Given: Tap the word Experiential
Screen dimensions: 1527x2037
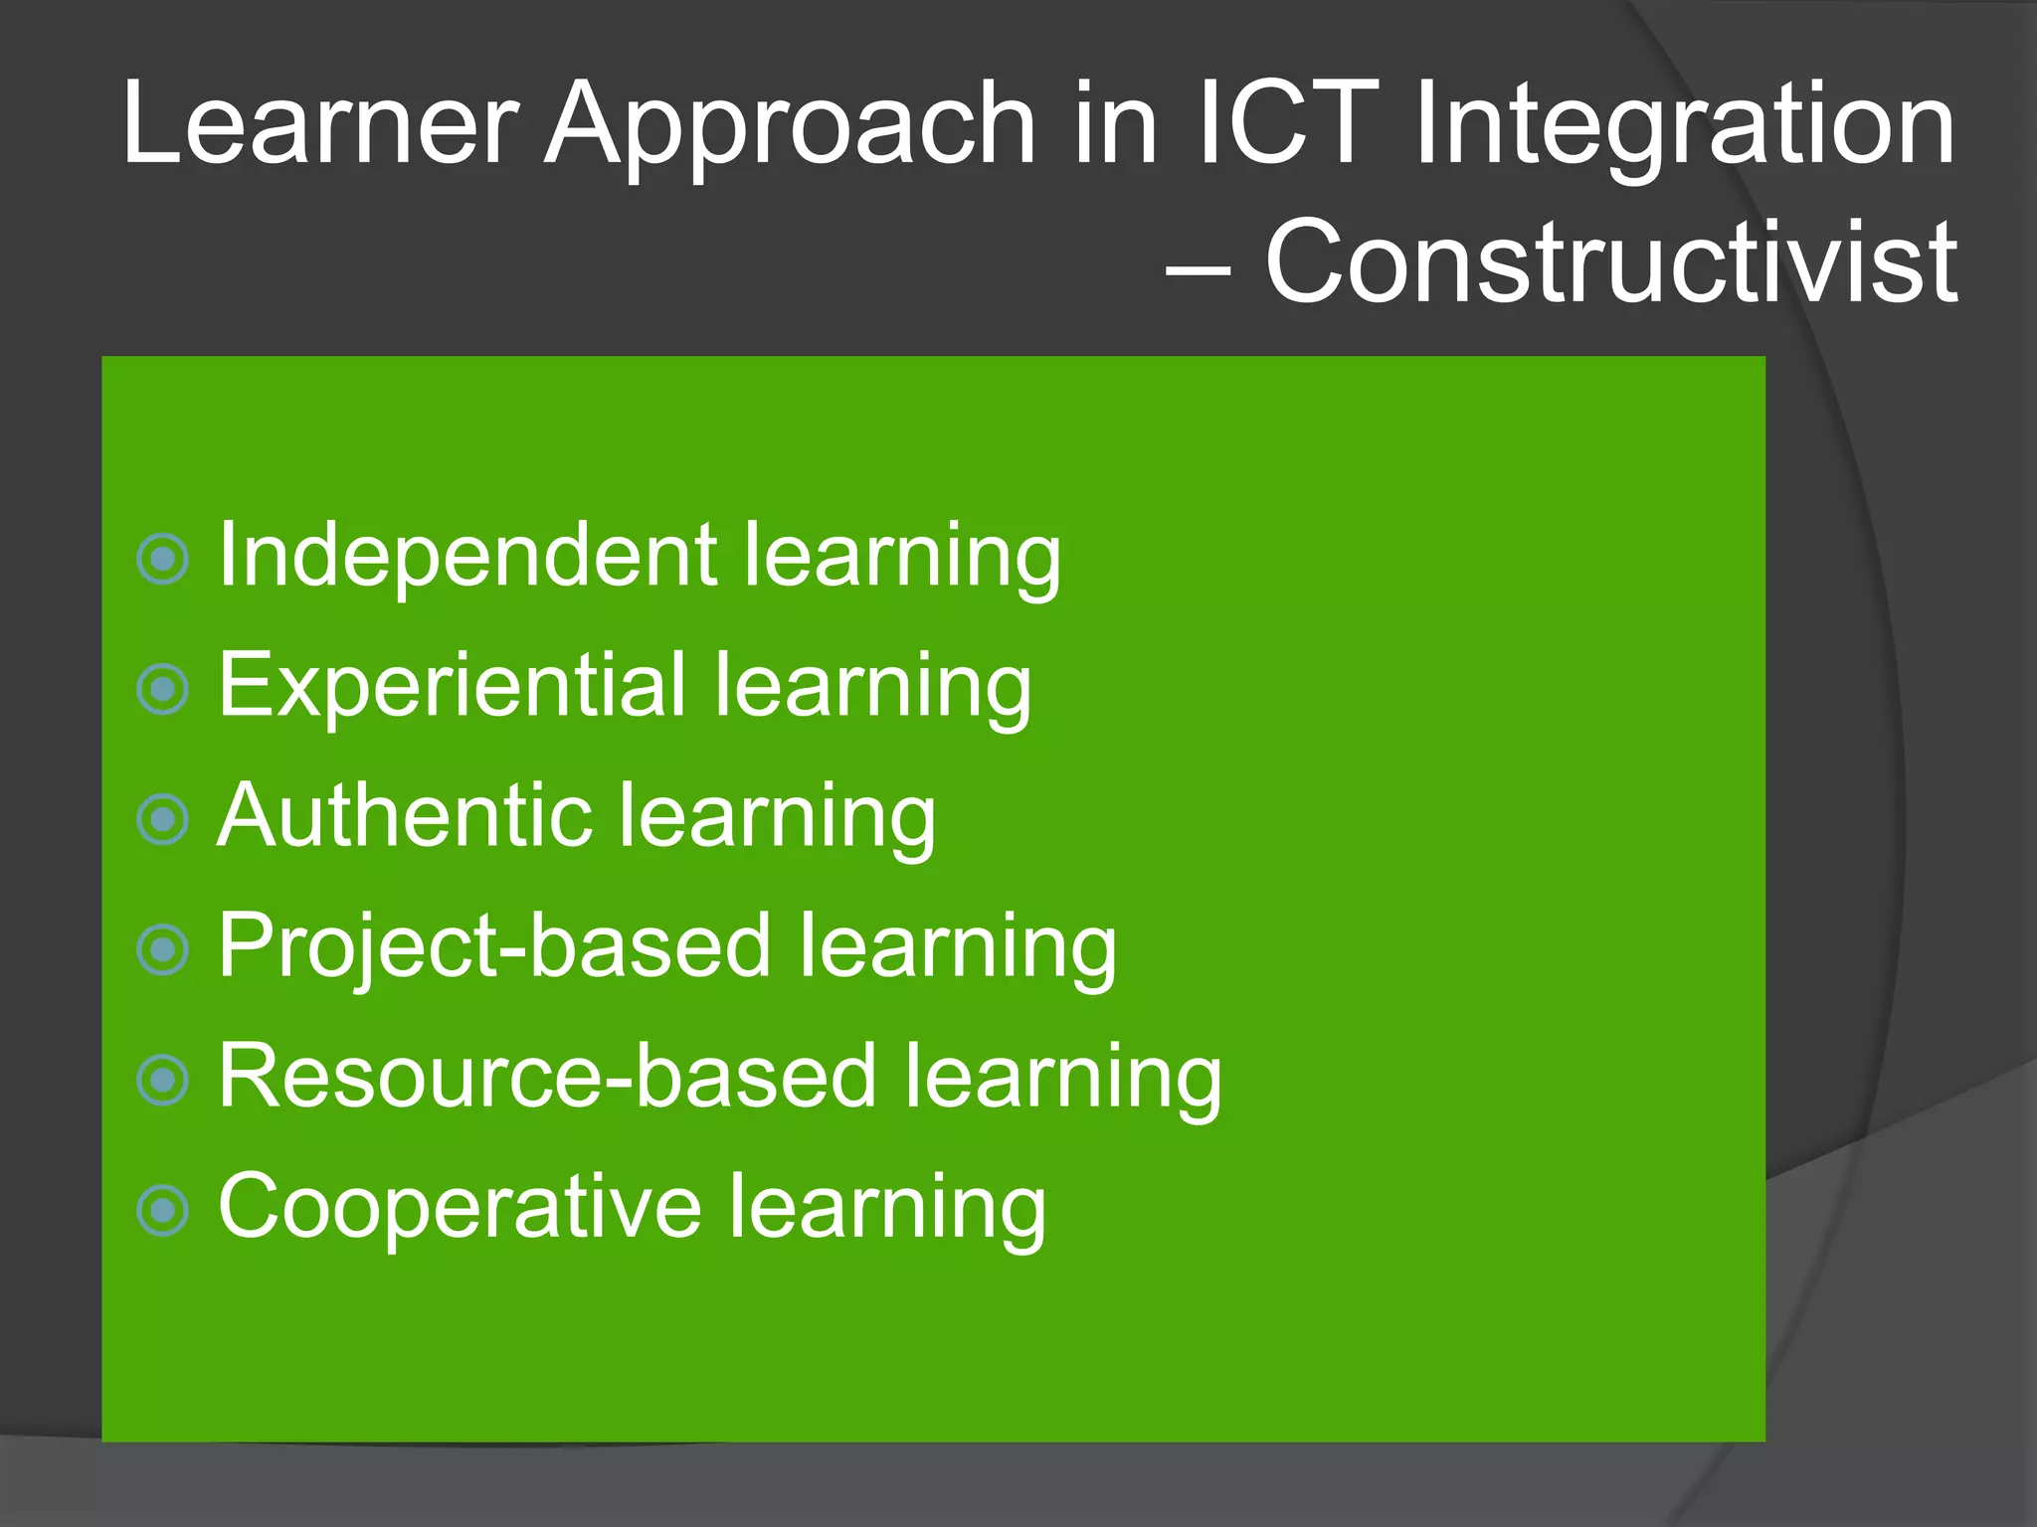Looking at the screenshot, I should pos(453,686).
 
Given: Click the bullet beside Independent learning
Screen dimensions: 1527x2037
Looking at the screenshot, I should pos(162,560).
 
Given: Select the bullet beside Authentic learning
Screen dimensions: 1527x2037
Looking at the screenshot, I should pos(162,820).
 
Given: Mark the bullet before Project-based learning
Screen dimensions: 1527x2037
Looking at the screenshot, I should pos(162,950).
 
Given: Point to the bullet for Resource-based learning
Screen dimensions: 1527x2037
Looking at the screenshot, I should pos(162,1081).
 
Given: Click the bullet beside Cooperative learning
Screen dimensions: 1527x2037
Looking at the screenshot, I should pos(162,1211).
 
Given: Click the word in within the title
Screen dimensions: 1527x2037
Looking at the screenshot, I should pos(1115,123).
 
